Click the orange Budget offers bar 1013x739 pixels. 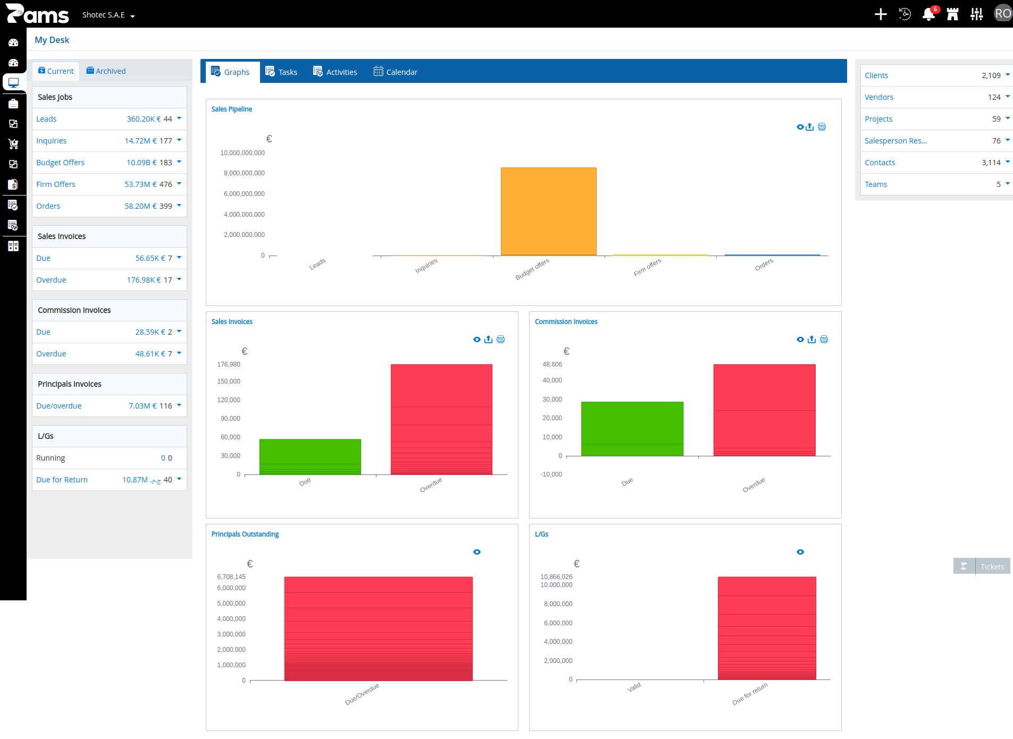pyautogui.click(x=548, y=211)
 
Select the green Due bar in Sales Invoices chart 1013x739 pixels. pyautogui.click(x=310, y=456)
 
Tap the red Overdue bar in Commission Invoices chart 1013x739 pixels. pyautogui.click(x=764, y=410)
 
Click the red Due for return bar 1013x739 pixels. pyautogui.click(x=767, y=628)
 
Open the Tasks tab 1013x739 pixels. pyautogui.click(x=281, y=72)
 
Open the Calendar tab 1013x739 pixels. pyautogui.click(x=396, y=72)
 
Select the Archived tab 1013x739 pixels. pyautogui.click(x=106, y=71)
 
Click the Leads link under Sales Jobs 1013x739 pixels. pyautogui.click(x=46, y=119)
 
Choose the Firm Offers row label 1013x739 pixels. pyautogui.click(x=56, y=184)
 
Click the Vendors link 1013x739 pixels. pyautogui.click(x=879, y=97)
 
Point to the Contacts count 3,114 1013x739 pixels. pyautogui.click(x=991, y=163)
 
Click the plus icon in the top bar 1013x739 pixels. pyautogui.click(x=881, y=14)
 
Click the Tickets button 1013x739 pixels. pyautogui.click(x=982, y=566)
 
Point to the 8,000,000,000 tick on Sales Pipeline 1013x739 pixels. pyautogui.click(x=244, y=173)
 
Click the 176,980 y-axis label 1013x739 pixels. pyautogui.click(x=229, y=364)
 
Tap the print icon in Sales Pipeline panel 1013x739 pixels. pyautogui.click(x=822, y=127)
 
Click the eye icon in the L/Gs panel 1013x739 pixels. pyautogui.click(x=800, y=552)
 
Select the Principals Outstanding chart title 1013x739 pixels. pyautogui.click(x=245, y=534)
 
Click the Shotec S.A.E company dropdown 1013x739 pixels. pyautogui.click(x=108, y=15)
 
